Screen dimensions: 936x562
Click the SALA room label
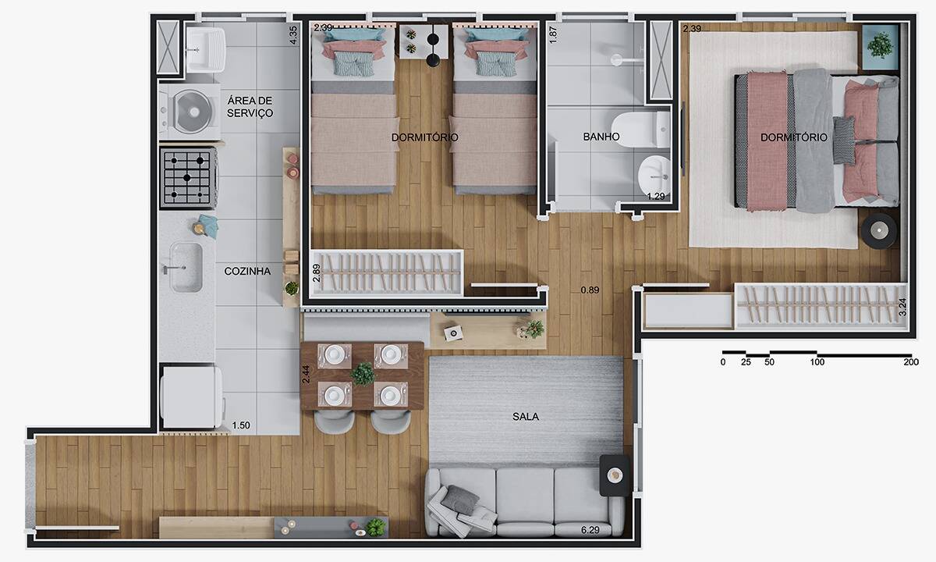(x=525, y=417)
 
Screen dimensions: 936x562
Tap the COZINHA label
(x=247, y=272)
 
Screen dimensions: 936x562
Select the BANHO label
(x=601, y=137)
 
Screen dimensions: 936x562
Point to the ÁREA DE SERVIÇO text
(x=250, y=107)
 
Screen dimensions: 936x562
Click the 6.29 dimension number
(x=590, y=530)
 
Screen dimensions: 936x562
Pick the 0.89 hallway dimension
(x=590, y=290)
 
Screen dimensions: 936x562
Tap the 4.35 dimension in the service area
(x=293, y=35)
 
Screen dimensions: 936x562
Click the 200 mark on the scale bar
(x=911, y=362)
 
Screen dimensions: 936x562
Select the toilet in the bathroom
(x=640, y=130)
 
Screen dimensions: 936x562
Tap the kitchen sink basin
(x=186, y=267)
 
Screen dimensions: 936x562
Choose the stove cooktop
(x=189, y=178)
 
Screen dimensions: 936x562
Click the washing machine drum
(x=194, y=111)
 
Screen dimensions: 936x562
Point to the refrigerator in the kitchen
(x=192, y=397)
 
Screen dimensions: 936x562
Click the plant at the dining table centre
(x=363, y=373)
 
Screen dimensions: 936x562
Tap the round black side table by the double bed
(x=879, y=231)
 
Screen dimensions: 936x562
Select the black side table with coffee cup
(x=615, y=476)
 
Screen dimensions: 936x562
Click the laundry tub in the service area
(x=205, y=50)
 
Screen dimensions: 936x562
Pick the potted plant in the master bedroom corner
(x=881, y=47)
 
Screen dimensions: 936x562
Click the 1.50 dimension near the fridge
(x=241, y=425)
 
